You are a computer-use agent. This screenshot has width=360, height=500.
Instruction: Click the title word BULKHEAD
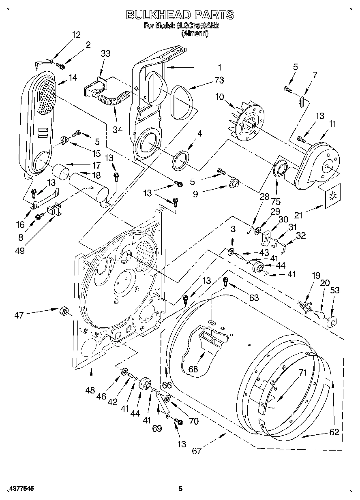click(158, 15)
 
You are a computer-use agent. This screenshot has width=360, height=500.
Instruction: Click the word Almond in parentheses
click(195, 34)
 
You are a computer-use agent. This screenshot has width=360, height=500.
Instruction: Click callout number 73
click(219, 80)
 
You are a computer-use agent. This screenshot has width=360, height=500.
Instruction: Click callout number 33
click(105, 53)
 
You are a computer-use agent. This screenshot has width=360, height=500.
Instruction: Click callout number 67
click(197, 451)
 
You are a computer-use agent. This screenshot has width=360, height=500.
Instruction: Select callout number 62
click(334, 432)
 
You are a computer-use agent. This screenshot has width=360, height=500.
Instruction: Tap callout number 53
click(335, 290)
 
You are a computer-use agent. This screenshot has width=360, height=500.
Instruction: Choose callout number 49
click(19, 251)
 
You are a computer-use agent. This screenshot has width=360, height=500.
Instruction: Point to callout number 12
click(76, 35)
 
